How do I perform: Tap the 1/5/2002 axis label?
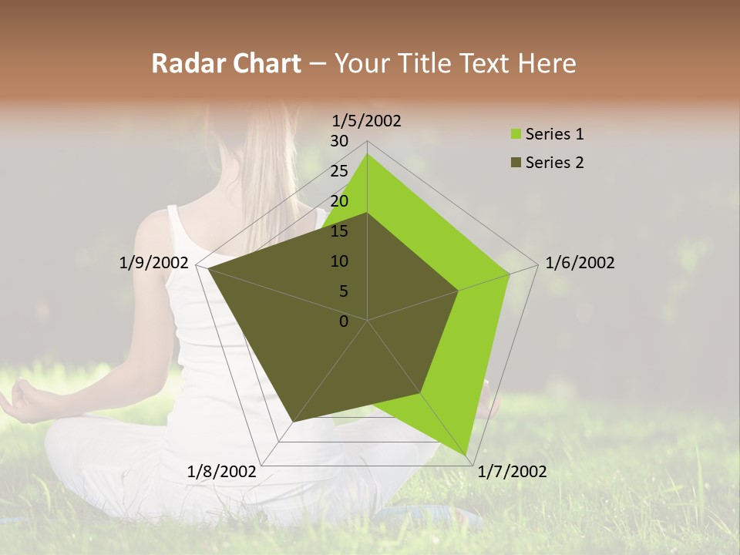click(367, 121)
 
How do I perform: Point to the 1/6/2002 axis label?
click(580, 263)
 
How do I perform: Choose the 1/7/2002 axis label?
click(512, 472)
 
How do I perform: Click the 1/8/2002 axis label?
click(222, 472)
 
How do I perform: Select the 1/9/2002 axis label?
click(154, 263)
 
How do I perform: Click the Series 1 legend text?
click(554, 134)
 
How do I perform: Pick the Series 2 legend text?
click(554, 163)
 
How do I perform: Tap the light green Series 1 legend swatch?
click(515, 134)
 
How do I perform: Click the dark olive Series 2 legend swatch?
click(515, 163)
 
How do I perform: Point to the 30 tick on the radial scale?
click(339, 141)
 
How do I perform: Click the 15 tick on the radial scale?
click(339, 231)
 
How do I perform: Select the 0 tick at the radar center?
click(344, 321)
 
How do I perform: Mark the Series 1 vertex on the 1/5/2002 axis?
click(367, 153)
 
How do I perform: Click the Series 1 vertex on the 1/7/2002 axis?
click(466, 456)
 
